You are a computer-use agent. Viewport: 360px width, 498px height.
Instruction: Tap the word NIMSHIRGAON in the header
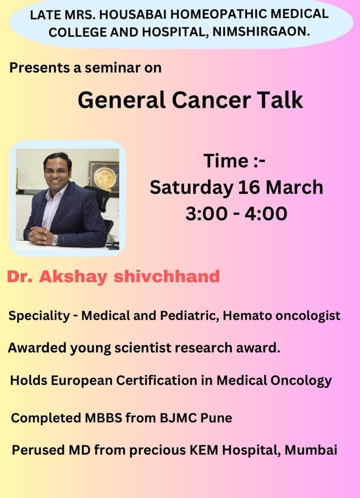[x=261, y=32]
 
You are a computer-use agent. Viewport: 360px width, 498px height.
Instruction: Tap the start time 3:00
[x=207, y=214]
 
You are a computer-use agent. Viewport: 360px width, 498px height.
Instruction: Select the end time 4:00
[x=266, y=214]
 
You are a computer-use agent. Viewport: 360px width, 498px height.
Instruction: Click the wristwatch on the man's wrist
[x=55, y=240]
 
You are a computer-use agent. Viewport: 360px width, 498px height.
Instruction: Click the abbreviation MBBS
[x=103, y=418]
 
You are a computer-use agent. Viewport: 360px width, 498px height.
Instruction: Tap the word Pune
[x=216, y=418]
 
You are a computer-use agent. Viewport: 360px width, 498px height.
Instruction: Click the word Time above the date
[x=226, y=161]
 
